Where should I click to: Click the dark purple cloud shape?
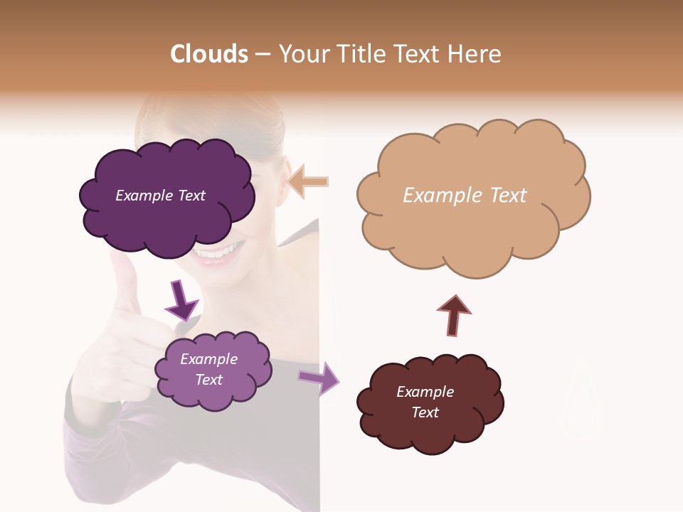pyautogui.click(x=165, y=213)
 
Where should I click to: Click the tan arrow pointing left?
pyautogui.click(x=309, y=181)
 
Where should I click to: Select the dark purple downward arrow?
pyautogui.click(x=181, y=299)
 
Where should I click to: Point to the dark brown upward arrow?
pyautogui.click(x=453, y=315)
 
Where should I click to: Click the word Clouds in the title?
pyautogui.click(x=209, y=54)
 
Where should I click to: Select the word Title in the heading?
pyautogui.click(x=360, y=54)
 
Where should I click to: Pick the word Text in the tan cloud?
pyautogui.click(x=507, y=196)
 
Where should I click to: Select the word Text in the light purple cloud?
pyautogui.click(x=209, y=380)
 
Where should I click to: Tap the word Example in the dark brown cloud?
pyautogui.click(x=425, y=392)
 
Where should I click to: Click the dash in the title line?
pyautogui.click(x=263, y=55)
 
